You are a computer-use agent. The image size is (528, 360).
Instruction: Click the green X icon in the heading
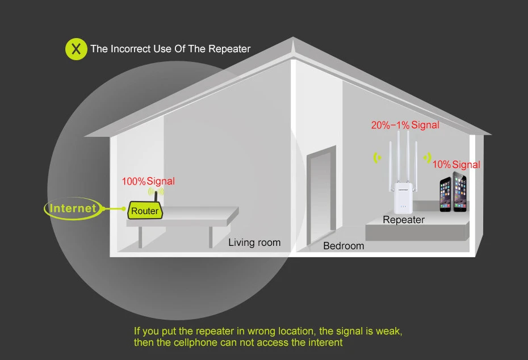[76, 49]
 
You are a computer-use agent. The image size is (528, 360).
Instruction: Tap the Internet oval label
[73, 208]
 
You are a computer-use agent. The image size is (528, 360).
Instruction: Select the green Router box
[145, 211]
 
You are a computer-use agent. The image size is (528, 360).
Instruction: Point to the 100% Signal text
[148, 181]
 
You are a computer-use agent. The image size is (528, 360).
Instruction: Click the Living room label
[254, 242]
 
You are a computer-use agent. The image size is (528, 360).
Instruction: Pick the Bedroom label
[343, 246]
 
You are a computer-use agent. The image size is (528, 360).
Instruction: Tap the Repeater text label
[404, 220]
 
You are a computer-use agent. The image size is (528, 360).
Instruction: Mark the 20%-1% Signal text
[405, 125]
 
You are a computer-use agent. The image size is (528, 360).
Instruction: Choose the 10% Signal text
[456, 165]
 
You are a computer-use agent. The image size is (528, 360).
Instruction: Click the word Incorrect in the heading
[130, 49]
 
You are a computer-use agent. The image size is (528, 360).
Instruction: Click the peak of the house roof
[293, 39]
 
